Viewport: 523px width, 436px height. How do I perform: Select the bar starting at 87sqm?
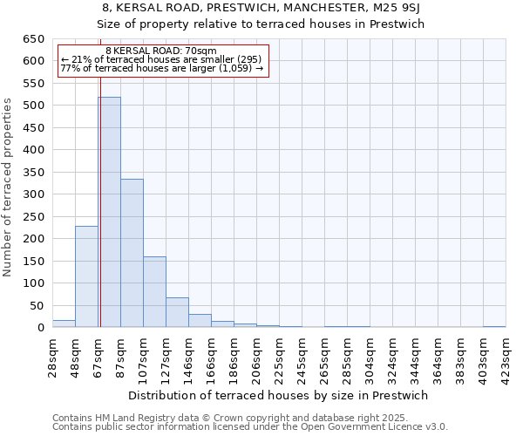tap(132, 253)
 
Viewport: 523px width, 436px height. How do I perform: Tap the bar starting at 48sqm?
tap(86, 276)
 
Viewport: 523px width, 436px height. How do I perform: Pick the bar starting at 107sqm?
tap(154, 292)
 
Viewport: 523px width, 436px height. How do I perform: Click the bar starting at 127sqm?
tap(177, 312)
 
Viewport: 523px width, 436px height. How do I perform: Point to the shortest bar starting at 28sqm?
tap(64, 324)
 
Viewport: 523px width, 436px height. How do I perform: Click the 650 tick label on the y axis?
tap(33, 39)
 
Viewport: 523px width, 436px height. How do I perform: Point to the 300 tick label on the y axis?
tap(33, 194)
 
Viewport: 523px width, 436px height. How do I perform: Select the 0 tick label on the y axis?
tap(40, 328)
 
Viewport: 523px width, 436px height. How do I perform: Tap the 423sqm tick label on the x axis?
tap(506, 357)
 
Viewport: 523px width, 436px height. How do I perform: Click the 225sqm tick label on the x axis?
tap(280, 357)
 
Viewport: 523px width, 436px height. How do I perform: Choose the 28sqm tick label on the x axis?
tap(53, 357)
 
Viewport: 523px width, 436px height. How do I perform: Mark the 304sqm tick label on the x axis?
tap(370, 357)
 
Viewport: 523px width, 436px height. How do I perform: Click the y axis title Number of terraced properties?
tap(9, 187)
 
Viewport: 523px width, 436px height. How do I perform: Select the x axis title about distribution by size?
tap(277, 395)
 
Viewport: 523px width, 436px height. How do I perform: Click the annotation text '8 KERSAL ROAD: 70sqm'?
tap(160, 51)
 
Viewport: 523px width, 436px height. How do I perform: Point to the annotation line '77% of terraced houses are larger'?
tap(161, 68)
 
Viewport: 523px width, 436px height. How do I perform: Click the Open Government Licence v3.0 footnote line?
tap(250, 427)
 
